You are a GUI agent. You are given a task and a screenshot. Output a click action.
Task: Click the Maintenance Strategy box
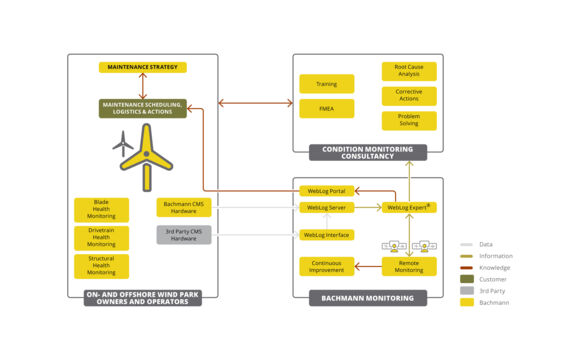tap(142, 67)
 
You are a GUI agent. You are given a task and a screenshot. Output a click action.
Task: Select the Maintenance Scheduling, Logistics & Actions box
tap(142, 108)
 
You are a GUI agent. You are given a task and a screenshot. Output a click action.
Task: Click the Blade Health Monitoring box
tap(101, 209)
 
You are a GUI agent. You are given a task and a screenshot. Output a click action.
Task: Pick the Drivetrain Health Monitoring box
tap(101, 237)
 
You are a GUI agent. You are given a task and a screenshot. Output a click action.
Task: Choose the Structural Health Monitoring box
tap(101, 265)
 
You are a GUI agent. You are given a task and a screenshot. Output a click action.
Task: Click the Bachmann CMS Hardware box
tap(183, 207)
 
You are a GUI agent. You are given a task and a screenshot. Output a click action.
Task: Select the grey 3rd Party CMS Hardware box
tap(183, 235)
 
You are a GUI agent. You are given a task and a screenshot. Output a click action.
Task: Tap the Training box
tap(326, 84)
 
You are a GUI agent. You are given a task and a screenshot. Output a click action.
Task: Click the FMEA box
tap(326, 108)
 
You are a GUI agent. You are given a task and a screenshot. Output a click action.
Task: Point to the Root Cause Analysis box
tap(408, 72)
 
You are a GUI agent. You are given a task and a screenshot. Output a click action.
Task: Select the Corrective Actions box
tap(408, 96)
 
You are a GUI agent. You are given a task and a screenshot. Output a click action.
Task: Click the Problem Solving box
tap(408, 120)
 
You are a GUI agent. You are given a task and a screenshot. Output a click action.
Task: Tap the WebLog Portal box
tap(326, 190)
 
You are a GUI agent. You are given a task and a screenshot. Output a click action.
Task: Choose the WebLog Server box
tap(326, 208)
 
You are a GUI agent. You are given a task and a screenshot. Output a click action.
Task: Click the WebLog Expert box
tap(408, 208)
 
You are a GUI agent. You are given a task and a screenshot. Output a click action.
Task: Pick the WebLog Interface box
tap(326, 235)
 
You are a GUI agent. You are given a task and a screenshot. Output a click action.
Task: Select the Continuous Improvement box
tap(326, 266)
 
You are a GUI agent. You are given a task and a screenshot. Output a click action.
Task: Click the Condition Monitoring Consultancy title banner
tap(367, 153)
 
